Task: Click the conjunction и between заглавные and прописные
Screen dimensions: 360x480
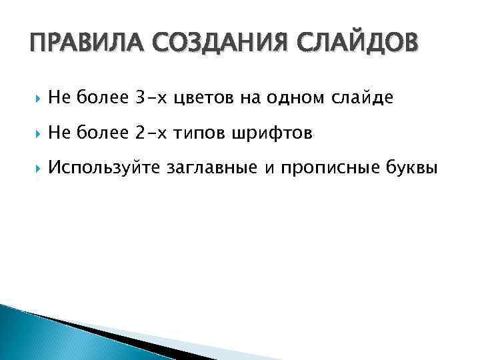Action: tap(269, 169)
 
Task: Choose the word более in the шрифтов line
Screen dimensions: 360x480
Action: tap(103, 133)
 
